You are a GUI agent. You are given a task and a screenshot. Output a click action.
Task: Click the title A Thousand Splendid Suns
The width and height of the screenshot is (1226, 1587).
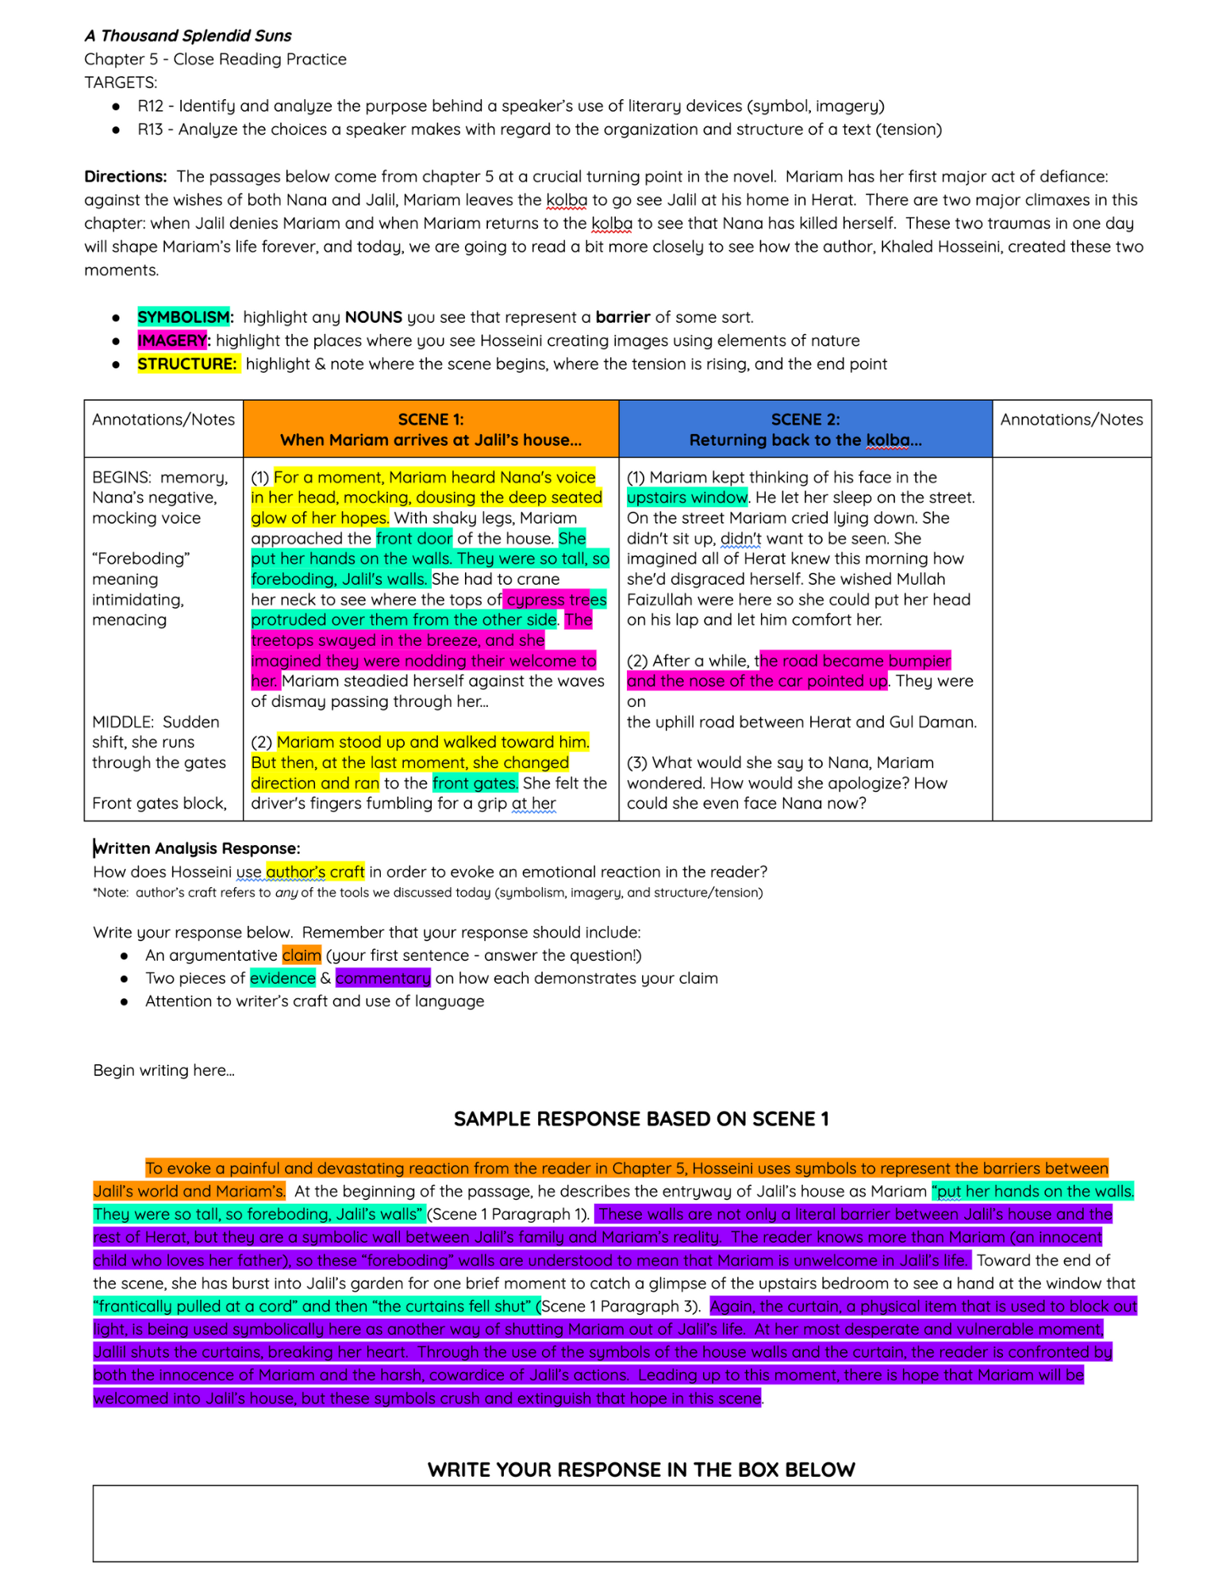pos(188,36)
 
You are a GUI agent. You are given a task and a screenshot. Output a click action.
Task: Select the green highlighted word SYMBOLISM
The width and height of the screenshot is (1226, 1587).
pos(183,317)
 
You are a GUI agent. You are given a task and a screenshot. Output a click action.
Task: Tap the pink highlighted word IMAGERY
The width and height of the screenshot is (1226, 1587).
pos(171,340)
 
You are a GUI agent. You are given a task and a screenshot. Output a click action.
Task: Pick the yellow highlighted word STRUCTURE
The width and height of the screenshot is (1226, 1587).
pos(187,364)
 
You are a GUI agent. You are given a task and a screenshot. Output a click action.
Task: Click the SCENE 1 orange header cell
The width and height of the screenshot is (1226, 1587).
pos(431,429)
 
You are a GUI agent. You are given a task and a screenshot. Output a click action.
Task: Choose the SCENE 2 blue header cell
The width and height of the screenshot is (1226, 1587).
pos(805,429)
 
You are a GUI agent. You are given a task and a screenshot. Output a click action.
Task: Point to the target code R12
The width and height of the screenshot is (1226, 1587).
pos(150,106)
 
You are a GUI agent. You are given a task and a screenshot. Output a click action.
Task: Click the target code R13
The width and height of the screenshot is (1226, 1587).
pos(150,129)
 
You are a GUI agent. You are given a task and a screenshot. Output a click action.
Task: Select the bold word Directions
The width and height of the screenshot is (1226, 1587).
pos(125,176)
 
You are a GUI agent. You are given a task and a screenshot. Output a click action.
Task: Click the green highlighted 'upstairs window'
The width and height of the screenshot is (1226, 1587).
pos(686,498)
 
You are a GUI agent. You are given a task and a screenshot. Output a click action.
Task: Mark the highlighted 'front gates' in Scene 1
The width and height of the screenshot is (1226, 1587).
pos(475,783)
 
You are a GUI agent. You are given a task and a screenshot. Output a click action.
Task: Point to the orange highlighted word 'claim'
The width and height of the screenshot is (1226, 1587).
pos(302,955)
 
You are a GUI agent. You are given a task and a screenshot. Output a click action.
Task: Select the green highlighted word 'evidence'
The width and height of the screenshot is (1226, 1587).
pos(282,978)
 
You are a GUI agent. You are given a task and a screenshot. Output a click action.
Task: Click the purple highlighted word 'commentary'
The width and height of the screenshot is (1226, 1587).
pos(382,978)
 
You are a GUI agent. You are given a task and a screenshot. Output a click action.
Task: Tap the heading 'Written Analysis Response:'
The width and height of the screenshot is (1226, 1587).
pos(197,848)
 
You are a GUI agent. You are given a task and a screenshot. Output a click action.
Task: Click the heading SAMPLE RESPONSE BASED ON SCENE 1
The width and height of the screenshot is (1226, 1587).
pos(641,1119)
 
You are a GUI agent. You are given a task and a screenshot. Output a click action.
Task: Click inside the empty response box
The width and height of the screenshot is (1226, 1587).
pos(615,1524)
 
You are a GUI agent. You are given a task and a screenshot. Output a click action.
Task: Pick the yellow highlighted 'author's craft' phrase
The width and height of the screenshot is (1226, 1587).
pos(315,872)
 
